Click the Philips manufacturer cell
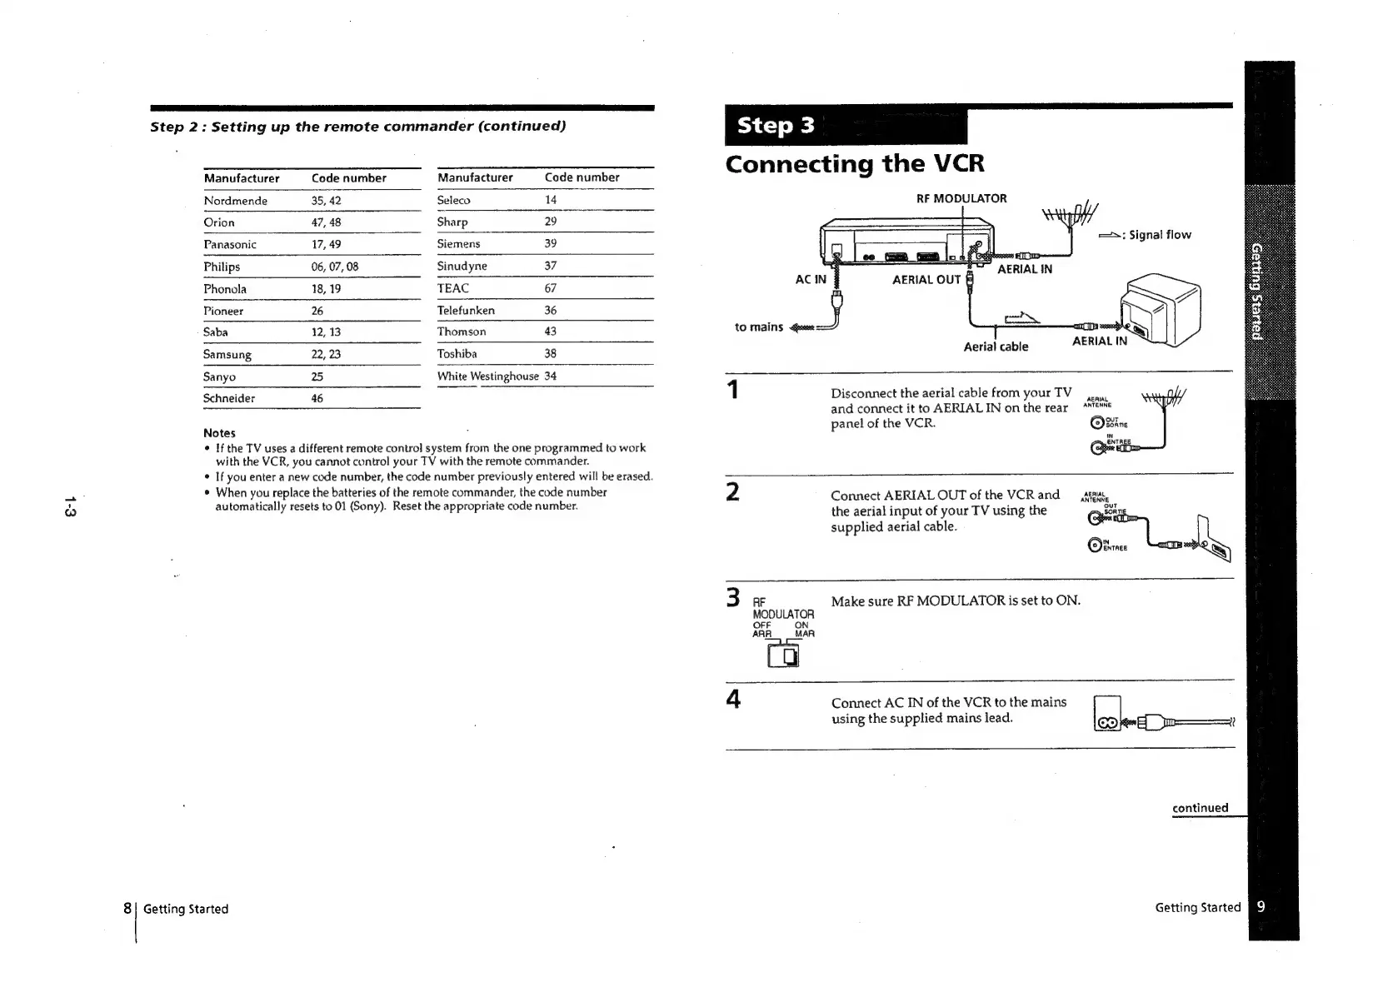click(222, 267)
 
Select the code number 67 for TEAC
click(550, 288)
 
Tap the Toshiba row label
click(457, 354)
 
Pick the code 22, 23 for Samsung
click(326, 354)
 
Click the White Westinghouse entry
click(487, 376)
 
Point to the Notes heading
click(219, 433)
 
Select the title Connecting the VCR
click(854, 163)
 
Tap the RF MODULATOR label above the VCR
click(961, 198)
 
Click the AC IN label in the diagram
click(810, 280)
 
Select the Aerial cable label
click(996, 346)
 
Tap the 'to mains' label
click(758, 327)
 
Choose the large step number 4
click(733, 699)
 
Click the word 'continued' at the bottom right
click(1200, 808)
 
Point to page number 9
click(1261, 907)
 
